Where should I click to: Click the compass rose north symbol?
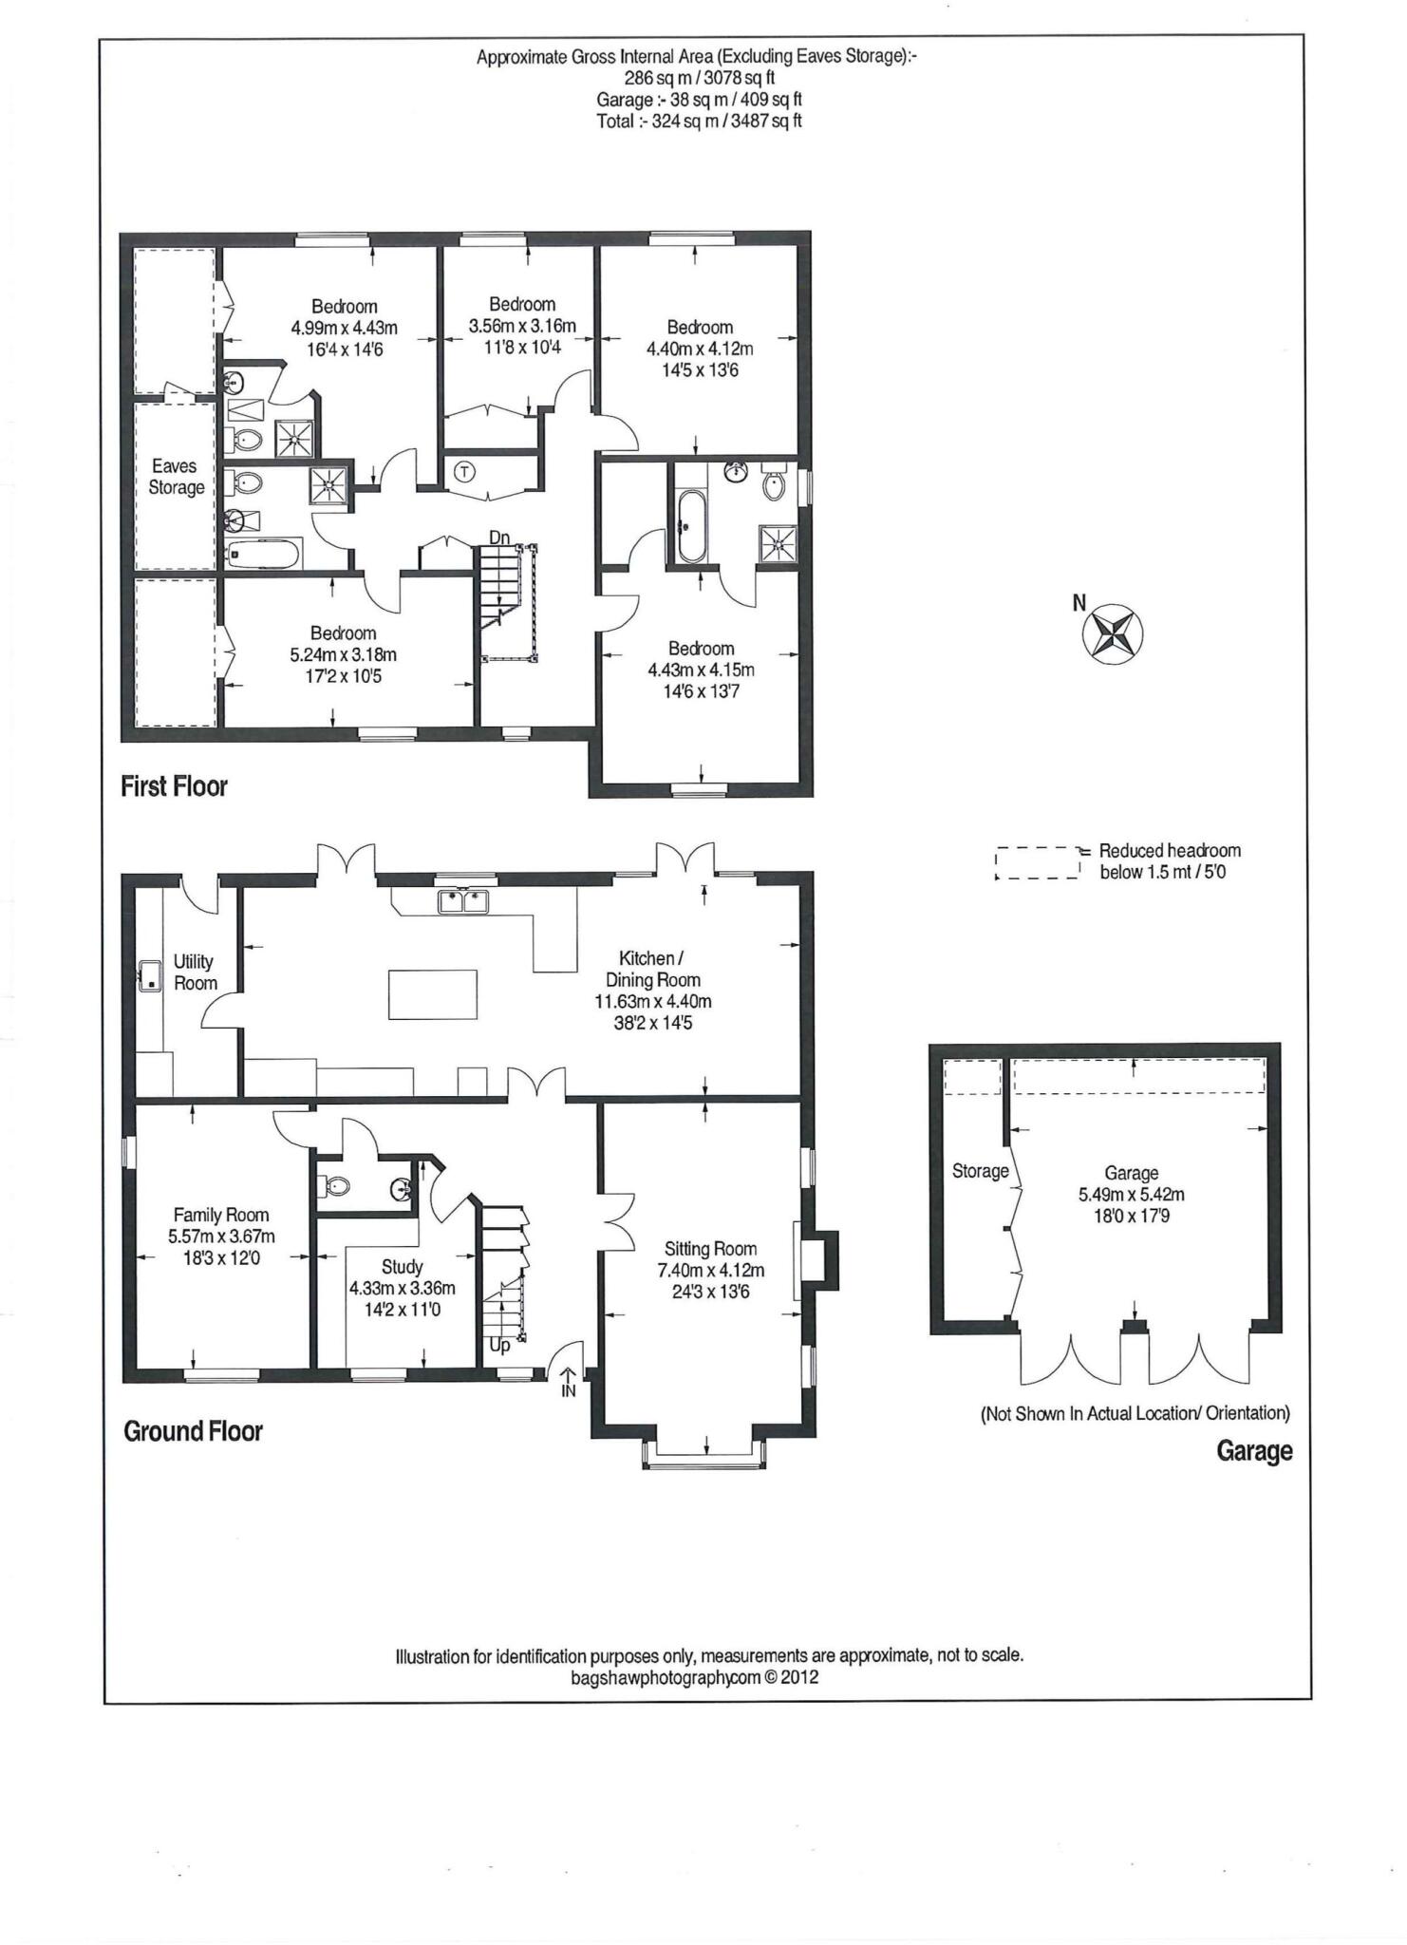coord(1113,633)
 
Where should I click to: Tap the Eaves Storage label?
coord(176,477)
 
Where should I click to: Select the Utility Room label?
coord(194,972)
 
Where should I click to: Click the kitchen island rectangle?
coord(432,994)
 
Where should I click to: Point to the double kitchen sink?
coord(463,901)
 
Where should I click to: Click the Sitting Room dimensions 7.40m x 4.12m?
coord(711,1271)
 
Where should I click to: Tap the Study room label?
coord(402,1267)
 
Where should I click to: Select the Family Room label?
coord(221,1215)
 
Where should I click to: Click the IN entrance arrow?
coord(569,1382)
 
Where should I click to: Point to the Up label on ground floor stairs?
coord(499,1345)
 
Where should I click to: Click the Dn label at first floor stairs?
coord(499,538)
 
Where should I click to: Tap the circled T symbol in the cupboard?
coord(464,471)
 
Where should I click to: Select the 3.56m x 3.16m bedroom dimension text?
coord(522,326)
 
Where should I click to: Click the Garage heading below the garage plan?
coord(1254,1451)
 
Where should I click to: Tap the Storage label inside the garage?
coord(980,1171)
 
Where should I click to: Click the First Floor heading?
coord(174,786)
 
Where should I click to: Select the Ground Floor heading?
coord(193,1431)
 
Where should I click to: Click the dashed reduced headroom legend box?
coord(1038,862)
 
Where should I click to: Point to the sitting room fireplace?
coord(818,1260)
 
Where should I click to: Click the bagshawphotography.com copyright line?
coord(694,1677)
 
